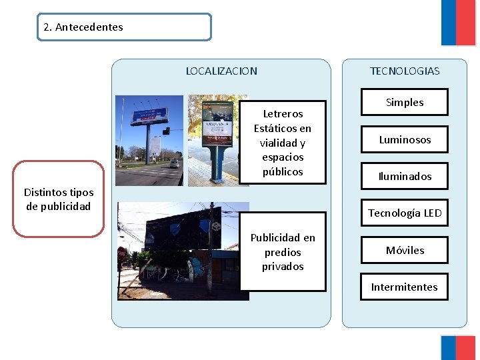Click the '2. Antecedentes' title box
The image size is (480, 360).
coord(124,27)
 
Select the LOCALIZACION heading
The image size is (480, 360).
coord(221,71)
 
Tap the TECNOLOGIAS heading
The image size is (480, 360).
coord(405,71)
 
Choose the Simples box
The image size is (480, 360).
coord(405,103)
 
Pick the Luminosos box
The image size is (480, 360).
coord(405,140)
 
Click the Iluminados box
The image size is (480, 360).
coord(405,177)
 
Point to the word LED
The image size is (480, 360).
coord(432,213)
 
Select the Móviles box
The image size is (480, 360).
coord(405,251)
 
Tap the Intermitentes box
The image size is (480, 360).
coord(405,287)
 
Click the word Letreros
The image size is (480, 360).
coord(283,114)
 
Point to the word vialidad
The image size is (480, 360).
coord(283,143)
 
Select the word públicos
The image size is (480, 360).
coord(283,172)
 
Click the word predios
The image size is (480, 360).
coord(283,253)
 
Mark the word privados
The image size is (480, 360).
coord(283,267)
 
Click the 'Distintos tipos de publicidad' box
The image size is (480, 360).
coord(58,199)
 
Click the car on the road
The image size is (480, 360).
coord(174,163)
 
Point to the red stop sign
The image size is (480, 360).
coord(121,254)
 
